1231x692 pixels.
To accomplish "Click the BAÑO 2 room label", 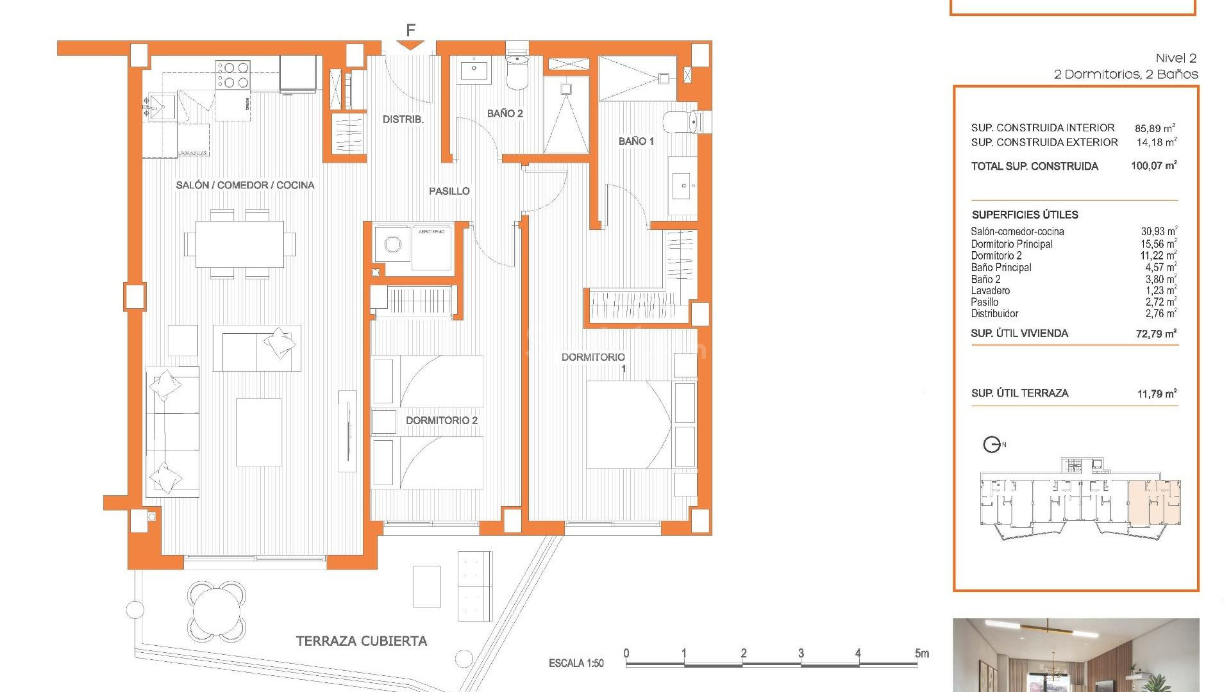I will (x=505, y=113).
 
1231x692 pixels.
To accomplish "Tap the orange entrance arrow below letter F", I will (x=410, y=45).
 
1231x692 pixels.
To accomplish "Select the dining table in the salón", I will (x=240, y=244).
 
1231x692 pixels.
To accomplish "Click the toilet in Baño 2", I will (x=517, y=72).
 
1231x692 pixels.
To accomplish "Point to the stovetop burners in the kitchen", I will (x=233, y=74).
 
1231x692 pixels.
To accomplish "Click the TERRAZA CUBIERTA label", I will (x=361, y=641).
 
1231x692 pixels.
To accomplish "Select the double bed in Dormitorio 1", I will (x=628, y=425).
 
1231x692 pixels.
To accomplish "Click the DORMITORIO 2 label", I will (x=441, y=420).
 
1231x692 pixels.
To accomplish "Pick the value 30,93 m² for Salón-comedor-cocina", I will (x=1158, y=231).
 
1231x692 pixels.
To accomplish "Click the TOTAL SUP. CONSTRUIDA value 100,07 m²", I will (x=1153, y=166).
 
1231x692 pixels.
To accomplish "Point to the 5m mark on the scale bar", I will (x=921, y=654).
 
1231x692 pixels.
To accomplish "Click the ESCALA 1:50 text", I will (x=576, y=663).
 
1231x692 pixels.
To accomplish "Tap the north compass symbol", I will (x=992, y=444).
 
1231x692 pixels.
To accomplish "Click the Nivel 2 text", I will (x=1176, y=58).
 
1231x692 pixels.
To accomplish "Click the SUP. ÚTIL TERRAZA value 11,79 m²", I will (x=1156, y=393).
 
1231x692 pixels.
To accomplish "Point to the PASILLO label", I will (x=449, y=191).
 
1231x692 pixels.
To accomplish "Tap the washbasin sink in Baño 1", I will (x=683, y=186).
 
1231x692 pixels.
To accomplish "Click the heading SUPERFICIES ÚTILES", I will (x=1025, y=215).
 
